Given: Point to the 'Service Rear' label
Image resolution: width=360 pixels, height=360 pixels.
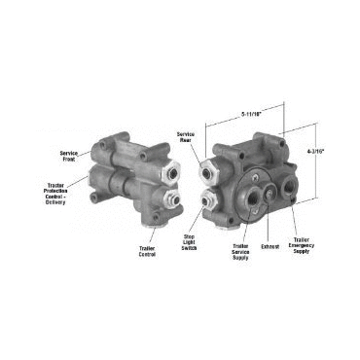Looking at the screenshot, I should pyautogui.click(x=186, y=137).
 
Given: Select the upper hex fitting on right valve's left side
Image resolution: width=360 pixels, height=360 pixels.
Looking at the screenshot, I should pyautogui.click(x=207, y=173).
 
